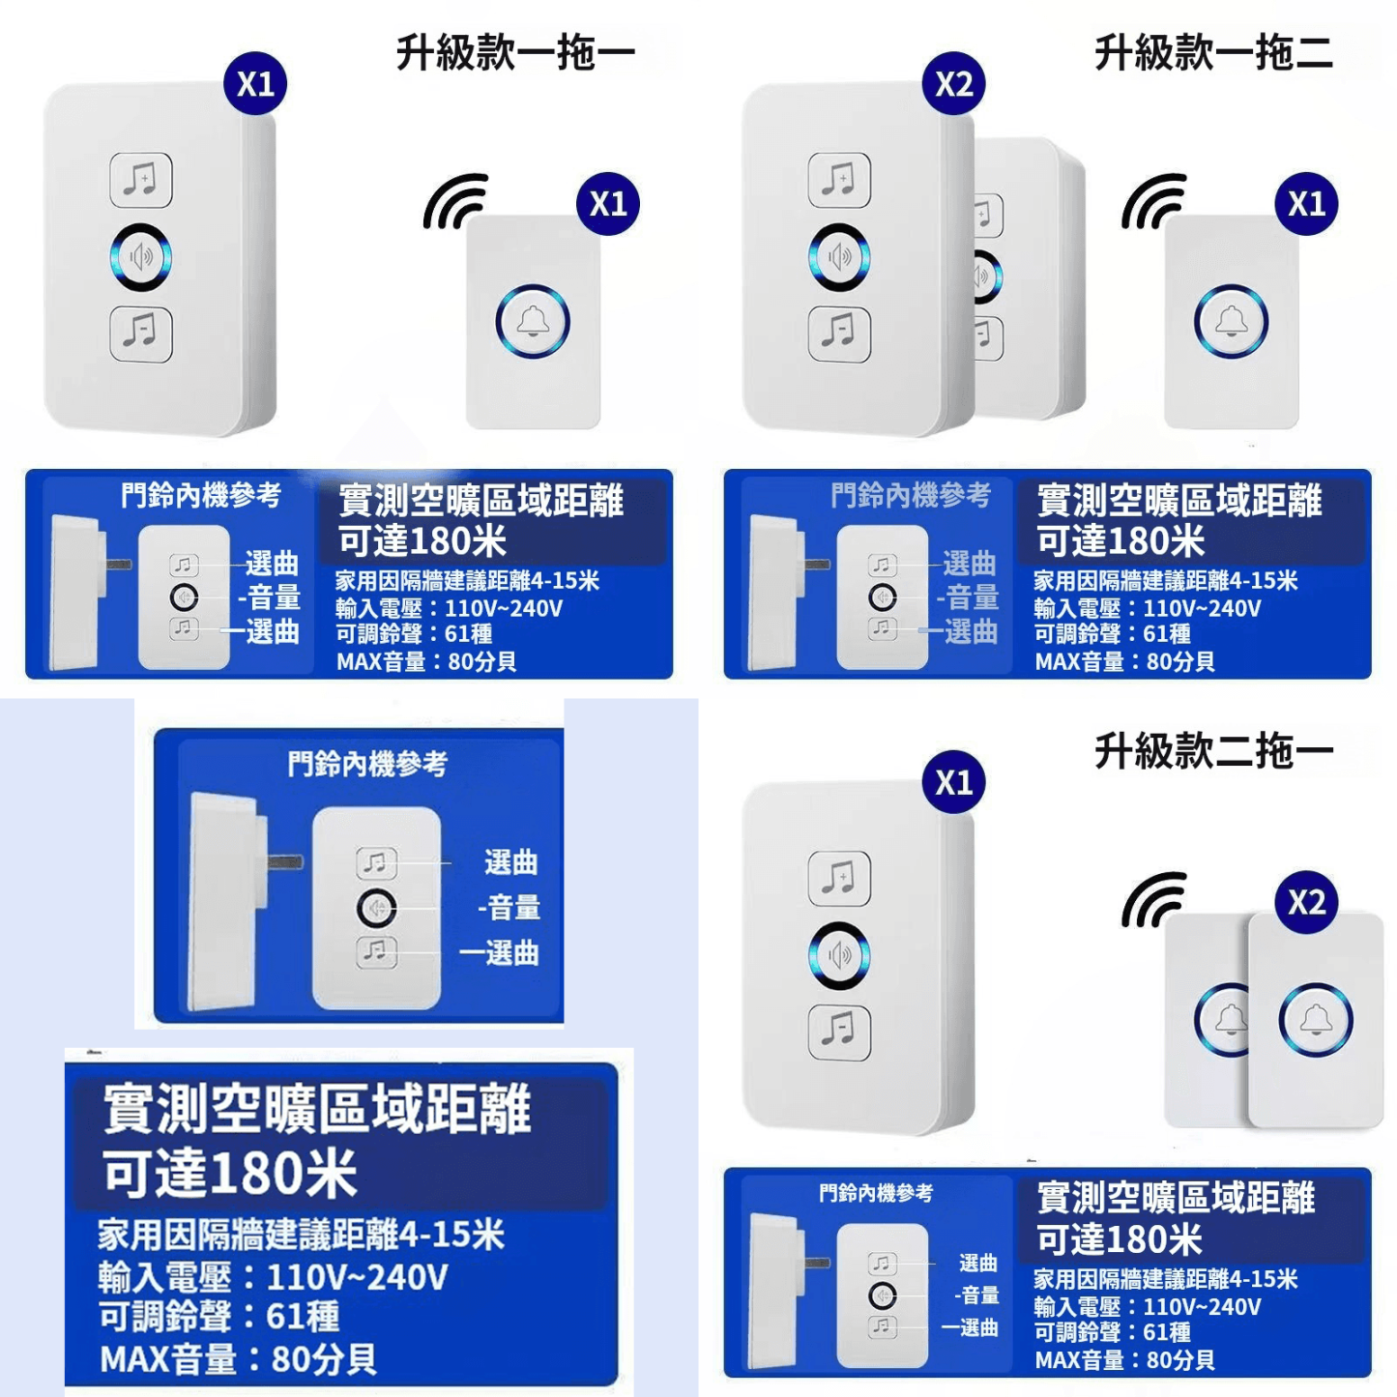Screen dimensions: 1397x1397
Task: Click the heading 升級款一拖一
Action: click(x=515, y=53)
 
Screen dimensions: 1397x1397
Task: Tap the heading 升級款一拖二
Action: click(x=1213, y=53)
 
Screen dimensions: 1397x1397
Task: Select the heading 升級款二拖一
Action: click(x=1213, y=751)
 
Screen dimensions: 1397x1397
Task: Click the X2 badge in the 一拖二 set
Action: click(x=954, y=84)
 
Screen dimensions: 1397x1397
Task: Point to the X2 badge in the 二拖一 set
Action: click(x=1306, y=902)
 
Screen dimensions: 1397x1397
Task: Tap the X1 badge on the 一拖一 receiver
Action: click(x=255, y=84)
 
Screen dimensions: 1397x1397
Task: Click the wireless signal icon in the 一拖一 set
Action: click(x=455, y=201)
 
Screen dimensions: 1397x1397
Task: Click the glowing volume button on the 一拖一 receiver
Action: click(x=141, y=257)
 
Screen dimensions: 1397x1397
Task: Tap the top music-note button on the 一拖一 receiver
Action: click(x=141, y=180)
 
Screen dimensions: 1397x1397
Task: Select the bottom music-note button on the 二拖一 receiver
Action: click(x=839, y=1032)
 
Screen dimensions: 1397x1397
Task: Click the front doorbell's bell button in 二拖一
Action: click(x=1316, y=1021)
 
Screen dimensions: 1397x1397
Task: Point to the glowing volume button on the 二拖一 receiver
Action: click(x=839, y=955)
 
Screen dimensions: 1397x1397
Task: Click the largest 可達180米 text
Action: click(x=230, y=1174)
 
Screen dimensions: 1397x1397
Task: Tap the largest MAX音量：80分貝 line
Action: click(x=238, y=1359)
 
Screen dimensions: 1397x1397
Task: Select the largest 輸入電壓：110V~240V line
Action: click(x=273, y=1277)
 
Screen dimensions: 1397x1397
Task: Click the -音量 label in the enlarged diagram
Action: click(x=509, y=908)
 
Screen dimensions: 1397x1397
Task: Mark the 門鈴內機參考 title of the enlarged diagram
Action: click(x=367, y=765)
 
